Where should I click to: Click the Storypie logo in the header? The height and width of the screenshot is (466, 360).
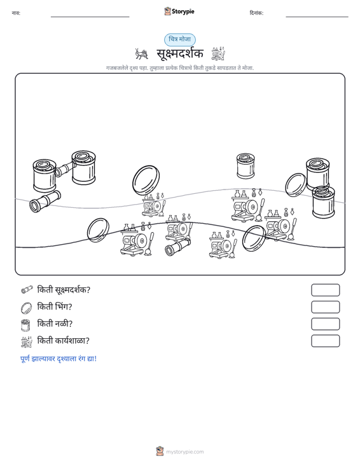pyautogui.click(x=179, y=11)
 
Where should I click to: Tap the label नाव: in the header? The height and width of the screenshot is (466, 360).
pyautogui.click(x=16, y=13)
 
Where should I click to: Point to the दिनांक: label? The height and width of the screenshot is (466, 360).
pyautogui.click(x=256, y=13)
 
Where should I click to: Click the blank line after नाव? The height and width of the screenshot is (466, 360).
pyautogui.click(x=90, y=17)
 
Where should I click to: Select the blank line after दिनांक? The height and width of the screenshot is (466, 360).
pyautogui.click(x=317, y=17)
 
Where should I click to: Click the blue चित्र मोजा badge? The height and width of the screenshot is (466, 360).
pyautogui.click(x=180, y=39)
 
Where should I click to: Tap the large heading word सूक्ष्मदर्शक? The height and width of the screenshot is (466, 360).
pyautogui.click(x=180, y=53)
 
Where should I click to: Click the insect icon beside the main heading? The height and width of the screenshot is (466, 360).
pyautogui.click(x=141, y=54)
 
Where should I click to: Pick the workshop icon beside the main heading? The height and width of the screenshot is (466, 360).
pyautogui.click(x=218, y=53)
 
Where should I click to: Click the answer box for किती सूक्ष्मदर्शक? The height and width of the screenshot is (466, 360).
pyautogui.click(x=325, y=290)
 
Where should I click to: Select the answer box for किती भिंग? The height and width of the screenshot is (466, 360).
pyautogui.click(x=325, y=307)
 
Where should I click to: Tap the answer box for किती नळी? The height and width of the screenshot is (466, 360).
pyautogui.click(x=325, y=324)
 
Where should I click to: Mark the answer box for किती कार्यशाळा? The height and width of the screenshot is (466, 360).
pyautogui.click(x=325, y=341)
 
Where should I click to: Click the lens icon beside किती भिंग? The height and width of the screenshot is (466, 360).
pyautogui.click(x=26, y=308)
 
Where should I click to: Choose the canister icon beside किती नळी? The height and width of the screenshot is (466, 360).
pyautogui.click(x=26, y=325)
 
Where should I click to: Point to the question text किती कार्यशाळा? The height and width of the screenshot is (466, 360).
pyautogui.click(x=63, y=341)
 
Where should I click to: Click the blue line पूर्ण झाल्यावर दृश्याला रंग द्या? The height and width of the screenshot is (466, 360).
pyautogui.click(x=59, y=359)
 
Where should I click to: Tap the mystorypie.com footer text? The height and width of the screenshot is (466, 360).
pyautogui.click(x=184, y=452)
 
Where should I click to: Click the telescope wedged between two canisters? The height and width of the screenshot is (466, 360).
pyautogui.click(x=64, y=169)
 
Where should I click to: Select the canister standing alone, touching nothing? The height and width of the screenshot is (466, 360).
pyautogui.click(x=246, y=166)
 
